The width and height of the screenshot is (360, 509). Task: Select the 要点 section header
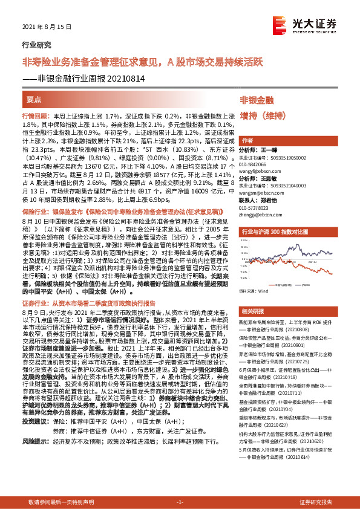point(34,99)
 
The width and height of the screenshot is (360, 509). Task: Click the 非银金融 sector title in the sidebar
point(257,99)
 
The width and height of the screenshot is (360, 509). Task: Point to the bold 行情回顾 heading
point(34,115)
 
